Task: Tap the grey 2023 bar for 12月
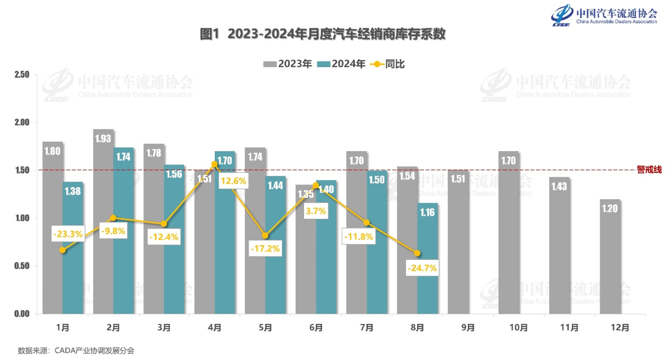click(x=610, y=258)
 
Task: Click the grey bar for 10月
click(x=509, y=232)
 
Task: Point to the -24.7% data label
click(x=422, y=267)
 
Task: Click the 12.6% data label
click(x=233, y=181)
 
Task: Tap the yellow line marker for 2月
click(x=113, y=218)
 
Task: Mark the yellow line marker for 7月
click(x=367, y=223)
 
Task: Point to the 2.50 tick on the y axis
click(x=22, y=75)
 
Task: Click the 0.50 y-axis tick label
click(x=22, y=266)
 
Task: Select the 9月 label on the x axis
click(x=468, y=328)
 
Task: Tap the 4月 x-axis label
click(x=214, y=328)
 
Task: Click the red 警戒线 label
click(x=649, y=170)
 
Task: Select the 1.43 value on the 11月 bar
click(x=560, y=187)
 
